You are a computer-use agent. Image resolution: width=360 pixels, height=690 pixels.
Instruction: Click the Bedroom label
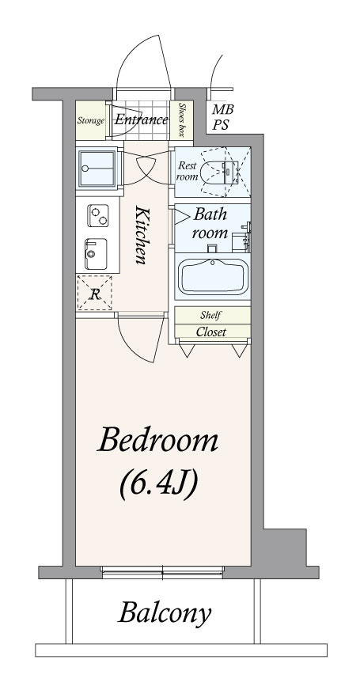(x=157, y=440)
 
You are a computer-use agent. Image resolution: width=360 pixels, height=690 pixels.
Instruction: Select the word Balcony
(x=164, y=613)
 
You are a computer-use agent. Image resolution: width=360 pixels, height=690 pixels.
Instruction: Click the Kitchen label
(x=141, y=235)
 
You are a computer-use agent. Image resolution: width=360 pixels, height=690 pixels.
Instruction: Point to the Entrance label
(x=142, y=119)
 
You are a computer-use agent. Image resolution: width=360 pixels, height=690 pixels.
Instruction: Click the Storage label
(x=91, y=120)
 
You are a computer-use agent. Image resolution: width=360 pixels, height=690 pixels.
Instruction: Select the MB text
(x=222, y=109)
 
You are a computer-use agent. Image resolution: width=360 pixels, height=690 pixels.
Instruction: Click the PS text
(x=221, y=125)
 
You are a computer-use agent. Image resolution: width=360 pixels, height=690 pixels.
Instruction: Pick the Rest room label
(x=187, y=171)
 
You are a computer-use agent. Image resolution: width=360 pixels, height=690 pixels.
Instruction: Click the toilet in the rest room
(x=218, y=172)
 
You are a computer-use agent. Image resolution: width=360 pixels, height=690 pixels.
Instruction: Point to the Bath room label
(x=210, y=223)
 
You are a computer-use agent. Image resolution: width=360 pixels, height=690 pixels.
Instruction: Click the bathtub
(x=212, y=276)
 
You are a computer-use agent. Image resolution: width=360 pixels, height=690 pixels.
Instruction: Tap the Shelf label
(x=210, y=315)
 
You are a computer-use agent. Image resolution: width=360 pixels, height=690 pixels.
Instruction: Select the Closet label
(x=210, y=332)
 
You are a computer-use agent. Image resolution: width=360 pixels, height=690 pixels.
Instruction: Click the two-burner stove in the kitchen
(x=97, y=215)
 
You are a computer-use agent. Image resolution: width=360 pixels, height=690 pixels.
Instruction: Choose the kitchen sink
(x=96, y=254)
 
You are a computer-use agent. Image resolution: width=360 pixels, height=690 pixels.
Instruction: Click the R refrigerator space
(x=94, y=293)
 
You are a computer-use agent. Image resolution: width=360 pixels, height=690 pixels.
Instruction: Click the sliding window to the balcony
(x=162, y=571)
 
